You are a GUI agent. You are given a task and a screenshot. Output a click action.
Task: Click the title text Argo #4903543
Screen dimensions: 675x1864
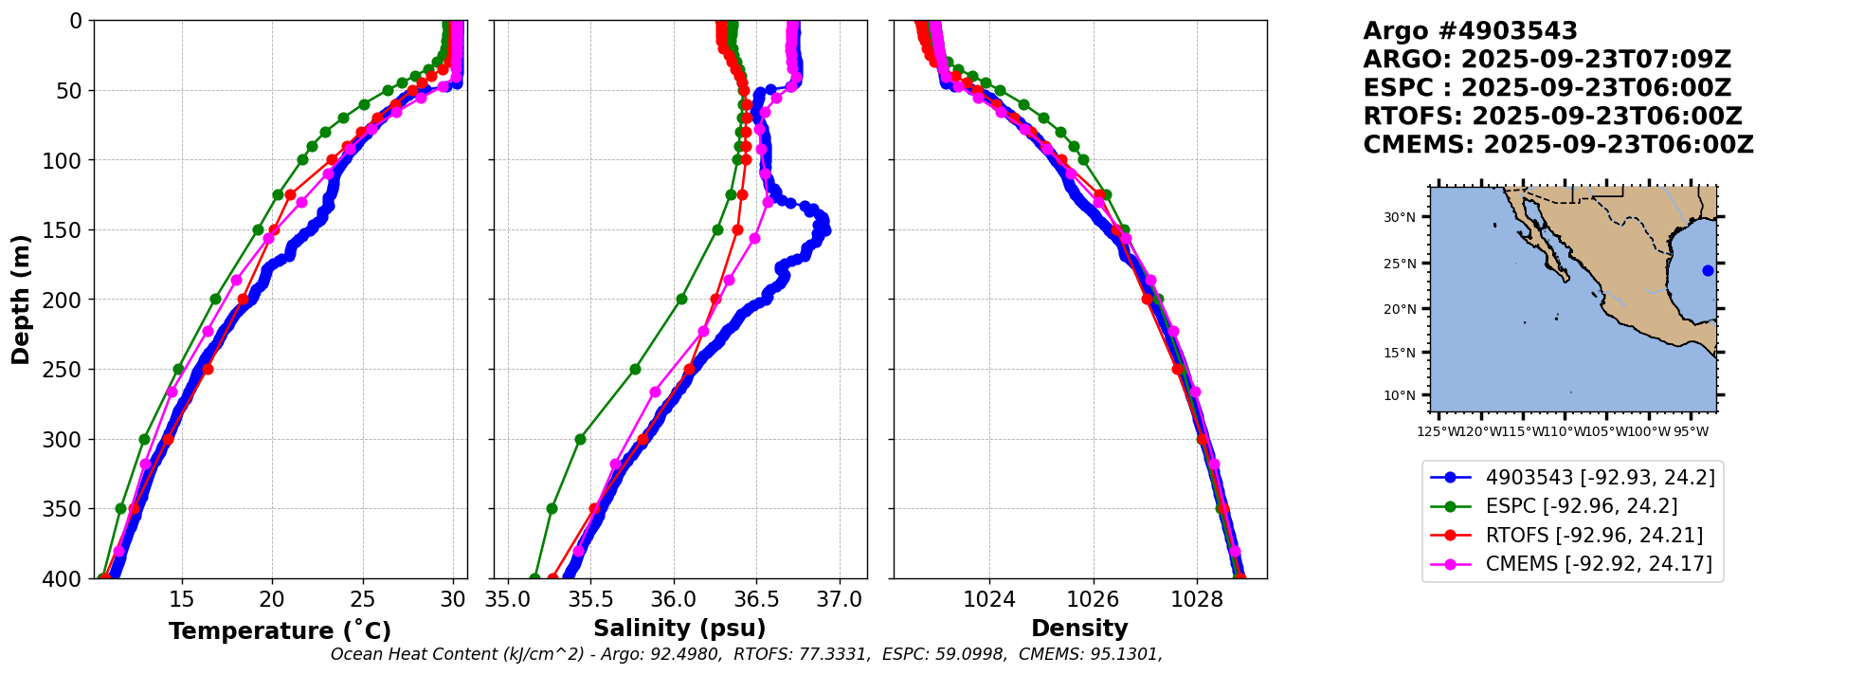click(1470, 31)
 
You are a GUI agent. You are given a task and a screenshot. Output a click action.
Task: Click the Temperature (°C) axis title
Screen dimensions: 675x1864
click(280, 631)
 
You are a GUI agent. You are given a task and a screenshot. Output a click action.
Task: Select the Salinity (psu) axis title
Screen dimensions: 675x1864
click(679, 629)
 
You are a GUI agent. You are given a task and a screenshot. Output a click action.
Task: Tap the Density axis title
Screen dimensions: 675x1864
click(1079, 629)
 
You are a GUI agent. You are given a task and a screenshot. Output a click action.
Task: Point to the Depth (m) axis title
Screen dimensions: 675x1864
click(21, 300)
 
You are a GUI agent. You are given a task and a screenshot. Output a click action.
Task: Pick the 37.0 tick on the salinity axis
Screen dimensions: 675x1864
click(840, 600)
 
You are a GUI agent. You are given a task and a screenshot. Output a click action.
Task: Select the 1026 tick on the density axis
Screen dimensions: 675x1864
click(1093, 600)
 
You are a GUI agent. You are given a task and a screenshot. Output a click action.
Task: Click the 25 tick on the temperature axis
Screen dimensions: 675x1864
click(363, 600)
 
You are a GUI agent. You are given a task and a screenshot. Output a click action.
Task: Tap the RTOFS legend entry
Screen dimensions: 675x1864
click(1593, 536)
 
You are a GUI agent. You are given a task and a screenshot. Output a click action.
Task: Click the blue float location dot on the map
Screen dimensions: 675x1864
click(1708, 270)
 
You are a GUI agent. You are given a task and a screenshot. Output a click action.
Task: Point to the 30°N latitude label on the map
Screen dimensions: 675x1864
click(1400, 218)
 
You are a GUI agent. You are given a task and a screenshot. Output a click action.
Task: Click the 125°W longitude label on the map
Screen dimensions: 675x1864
click(1439, 432)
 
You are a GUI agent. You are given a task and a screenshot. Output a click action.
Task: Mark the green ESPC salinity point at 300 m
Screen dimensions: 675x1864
click(580, 439)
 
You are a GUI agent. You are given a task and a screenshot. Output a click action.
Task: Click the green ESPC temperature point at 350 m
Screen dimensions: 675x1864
click(120, 509)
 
